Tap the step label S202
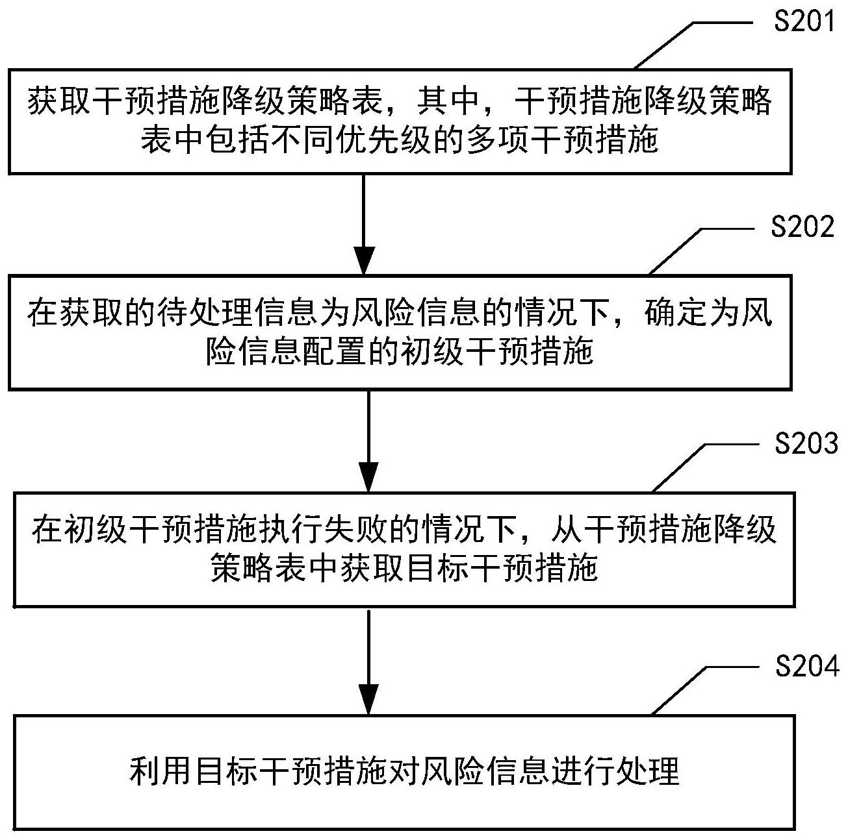pyautogui.click(x=803, y=228)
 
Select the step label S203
pyautogui.click(x=806, y=443)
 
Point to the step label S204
pyautogui.click(x=807, y=666)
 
